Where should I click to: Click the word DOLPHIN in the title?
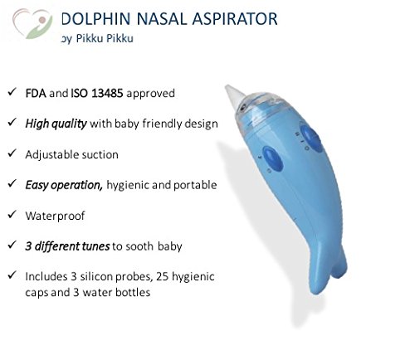tap(95, 19)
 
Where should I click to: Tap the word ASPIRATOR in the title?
tap(235, 19)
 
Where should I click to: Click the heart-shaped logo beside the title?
tap(32, 23)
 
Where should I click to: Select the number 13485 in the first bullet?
tap(107, 93)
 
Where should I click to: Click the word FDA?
tap(36, 93)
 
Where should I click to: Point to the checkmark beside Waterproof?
tap(12, 214)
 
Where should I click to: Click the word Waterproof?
tap(55, 216)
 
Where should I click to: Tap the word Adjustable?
tap(51, 155)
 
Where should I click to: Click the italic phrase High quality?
tap(56, 124)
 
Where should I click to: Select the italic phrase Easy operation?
tap(64, 185)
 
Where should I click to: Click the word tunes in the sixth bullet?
tap(95, 246)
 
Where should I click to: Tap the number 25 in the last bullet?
tap(163, 276)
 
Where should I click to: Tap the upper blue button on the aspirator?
tap(312, 139)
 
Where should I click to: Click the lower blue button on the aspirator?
tap(272, 158)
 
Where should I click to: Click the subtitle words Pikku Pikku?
tap(105, 38)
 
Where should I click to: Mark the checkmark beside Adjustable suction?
tap(12, 153)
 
